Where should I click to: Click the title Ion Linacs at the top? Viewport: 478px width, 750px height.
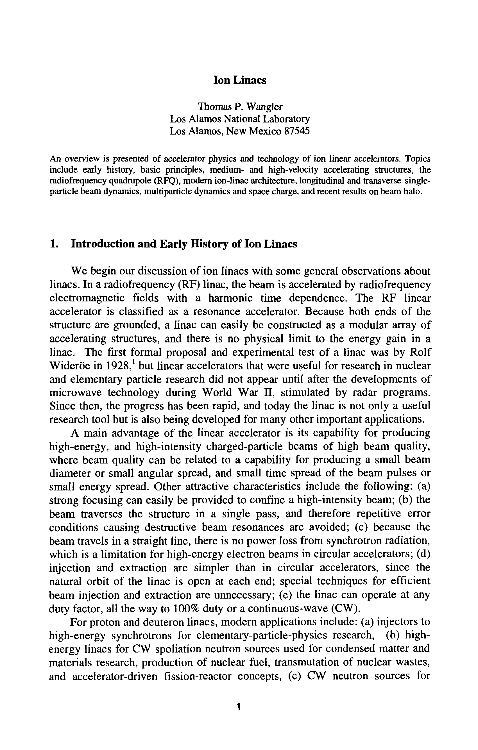[x=240, y=80]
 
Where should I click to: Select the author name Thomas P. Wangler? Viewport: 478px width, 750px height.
[x=240, y=107]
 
